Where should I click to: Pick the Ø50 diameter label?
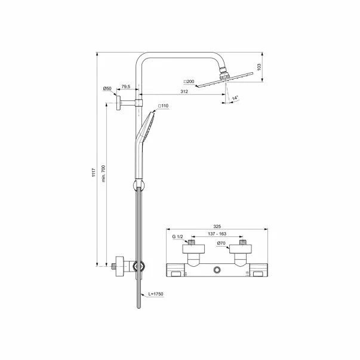(107, 88)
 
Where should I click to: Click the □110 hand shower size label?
(164, 106)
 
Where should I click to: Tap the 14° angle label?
(236, 96)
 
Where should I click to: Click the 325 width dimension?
(217, 227)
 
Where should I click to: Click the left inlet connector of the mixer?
(192, 245)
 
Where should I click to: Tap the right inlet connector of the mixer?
(243, 245)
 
